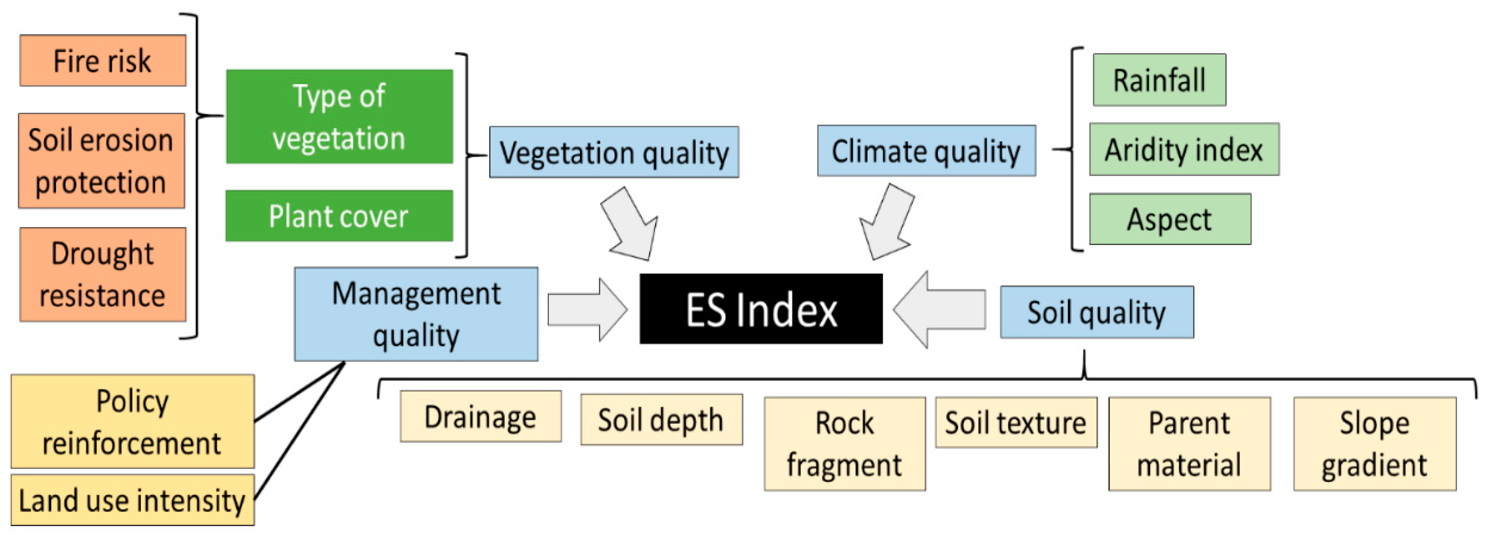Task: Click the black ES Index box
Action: tap(761, 309)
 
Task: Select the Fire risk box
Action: tap(103, 61)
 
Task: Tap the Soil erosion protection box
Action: tap(102, 161)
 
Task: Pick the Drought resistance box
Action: tap(103, 274)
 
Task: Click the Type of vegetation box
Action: tap(339, 117)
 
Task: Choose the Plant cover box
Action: tap(339, 216)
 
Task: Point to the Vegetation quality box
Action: tap(614, 152)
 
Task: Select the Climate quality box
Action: tap(926, 151)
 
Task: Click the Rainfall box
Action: tap(1159, 80)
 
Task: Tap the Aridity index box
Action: tap(1184, 149)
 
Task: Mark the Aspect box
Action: tap(1170, 219)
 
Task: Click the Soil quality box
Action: tap(1097, 312)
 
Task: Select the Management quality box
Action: tap(416, 314)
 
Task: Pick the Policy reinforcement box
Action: tap(132, 422)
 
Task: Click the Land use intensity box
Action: tap(132, 500)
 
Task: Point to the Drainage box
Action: tap(480, 416)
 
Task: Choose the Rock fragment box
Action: tap(844, 444)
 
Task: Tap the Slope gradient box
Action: tap(1374, 444)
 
